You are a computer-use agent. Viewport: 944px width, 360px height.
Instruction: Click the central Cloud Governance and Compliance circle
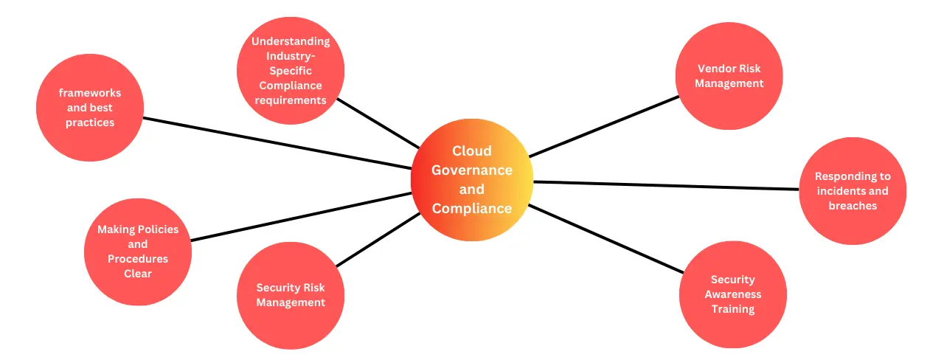472,180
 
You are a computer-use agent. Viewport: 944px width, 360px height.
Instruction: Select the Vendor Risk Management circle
729,76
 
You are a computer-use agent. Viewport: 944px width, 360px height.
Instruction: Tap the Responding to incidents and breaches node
853,191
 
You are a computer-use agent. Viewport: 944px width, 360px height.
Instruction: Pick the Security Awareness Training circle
732,294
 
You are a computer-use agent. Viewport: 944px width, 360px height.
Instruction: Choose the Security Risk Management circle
291,295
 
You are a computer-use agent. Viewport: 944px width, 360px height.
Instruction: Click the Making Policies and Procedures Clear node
138,252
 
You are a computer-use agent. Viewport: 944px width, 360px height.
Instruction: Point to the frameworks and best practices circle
90,108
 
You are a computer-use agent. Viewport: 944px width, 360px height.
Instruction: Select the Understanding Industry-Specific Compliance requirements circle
291,71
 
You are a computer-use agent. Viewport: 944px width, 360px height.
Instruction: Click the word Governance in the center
472,170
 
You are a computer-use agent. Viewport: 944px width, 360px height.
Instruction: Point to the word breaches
853,206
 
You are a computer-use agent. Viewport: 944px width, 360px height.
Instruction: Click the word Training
732,309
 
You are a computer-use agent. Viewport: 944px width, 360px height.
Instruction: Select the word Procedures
138,259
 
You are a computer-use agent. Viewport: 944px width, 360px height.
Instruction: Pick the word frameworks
90,93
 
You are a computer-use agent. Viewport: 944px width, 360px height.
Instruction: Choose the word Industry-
291,56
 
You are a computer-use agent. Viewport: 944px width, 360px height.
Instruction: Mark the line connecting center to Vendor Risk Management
605,125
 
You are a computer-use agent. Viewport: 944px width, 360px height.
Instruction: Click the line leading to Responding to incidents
664,185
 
